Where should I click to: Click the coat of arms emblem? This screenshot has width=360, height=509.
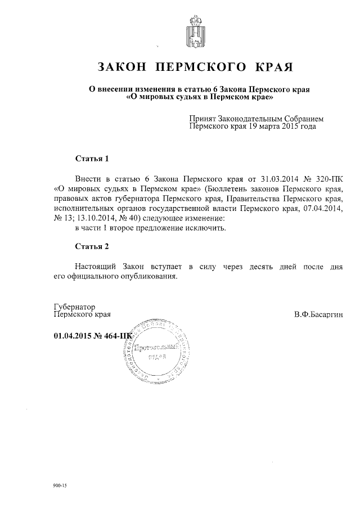(x=195, y=33)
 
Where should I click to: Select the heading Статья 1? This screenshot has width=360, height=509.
(x=91, y=158)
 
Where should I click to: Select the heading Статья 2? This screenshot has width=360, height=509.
(x=91, y=246)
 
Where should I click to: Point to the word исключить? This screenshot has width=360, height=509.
(x=208, y=228)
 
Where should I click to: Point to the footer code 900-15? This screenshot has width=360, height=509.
(x=60, y=485)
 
